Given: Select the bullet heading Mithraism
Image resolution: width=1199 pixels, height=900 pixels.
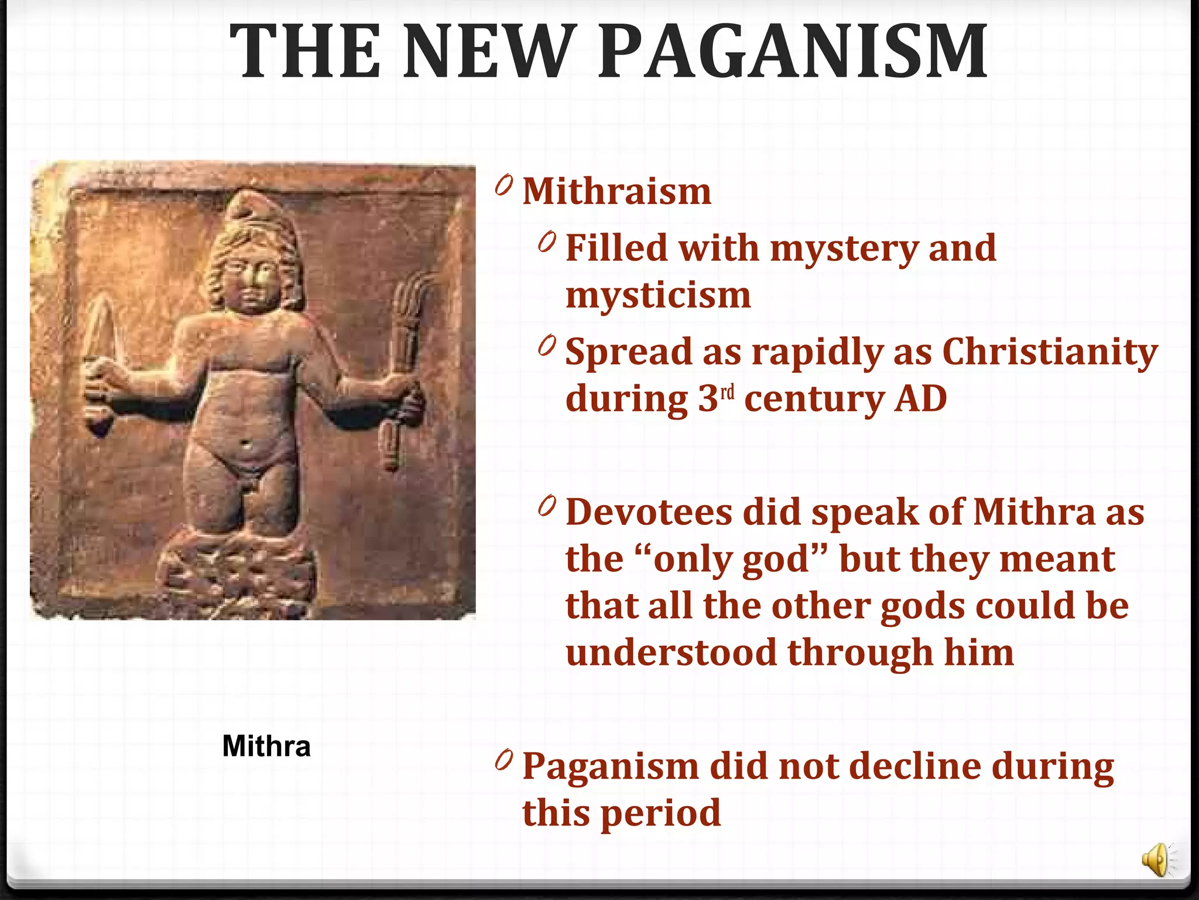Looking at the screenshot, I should point(616,192).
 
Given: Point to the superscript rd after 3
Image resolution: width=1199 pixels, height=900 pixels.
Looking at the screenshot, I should point(727,392).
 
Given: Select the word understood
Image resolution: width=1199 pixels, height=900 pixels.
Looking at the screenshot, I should point(671,653).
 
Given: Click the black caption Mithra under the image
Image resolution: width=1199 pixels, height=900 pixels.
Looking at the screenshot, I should point(266,746).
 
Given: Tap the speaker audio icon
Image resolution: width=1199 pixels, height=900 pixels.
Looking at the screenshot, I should point(1157,861).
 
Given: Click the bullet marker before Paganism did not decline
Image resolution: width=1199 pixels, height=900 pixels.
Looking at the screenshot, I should point(503,761).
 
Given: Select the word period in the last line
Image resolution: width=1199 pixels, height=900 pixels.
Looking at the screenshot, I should point(661,813).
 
